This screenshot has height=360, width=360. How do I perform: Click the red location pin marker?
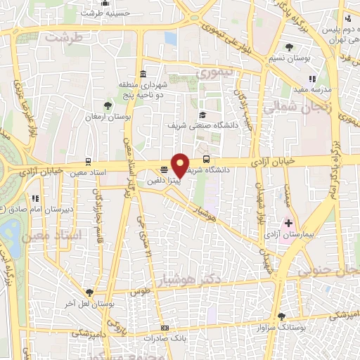(181, 166)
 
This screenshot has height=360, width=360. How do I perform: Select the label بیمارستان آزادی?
(288, 232)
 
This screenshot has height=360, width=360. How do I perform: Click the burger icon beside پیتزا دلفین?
(164, 169)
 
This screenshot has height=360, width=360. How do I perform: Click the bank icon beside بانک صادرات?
(165, 328)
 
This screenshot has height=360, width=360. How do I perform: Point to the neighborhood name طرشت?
(63, 37)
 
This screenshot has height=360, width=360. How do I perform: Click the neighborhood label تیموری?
(214, 72)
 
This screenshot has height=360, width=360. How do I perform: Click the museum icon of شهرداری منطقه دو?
(143, 75)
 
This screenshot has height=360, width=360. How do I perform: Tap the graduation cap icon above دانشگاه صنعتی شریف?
(202, 115)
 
